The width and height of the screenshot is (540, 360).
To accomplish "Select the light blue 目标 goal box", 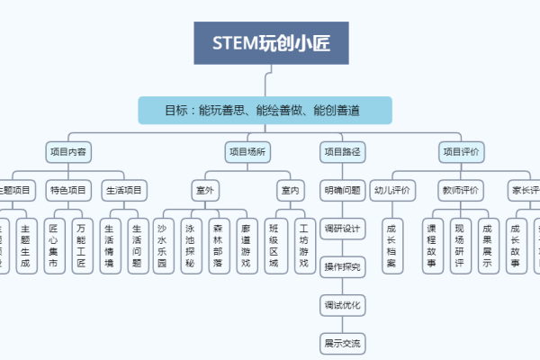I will point(265,111).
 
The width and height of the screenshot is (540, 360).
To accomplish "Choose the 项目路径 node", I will point(342,152).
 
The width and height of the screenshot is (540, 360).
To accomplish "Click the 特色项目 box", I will point(68,190).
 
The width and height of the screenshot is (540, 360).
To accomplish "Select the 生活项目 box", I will point(124,190).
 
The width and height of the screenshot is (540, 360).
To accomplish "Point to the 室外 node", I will point(204,190).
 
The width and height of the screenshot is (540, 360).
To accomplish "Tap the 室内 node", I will point(290,190).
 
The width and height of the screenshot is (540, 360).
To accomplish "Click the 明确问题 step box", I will point(342,190).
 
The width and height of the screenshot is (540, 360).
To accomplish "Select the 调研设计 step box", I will point(342,229).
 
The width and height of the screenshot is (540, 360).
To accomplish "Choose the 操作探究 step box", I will point(342,266).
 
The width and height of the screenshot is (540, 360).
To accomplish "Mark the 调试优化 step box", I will point(342,305).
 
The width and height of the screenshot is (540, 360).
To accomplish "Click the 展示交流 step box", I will point(342,343).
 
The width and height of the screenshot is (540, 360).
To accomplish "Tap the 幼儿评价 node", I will point(391,190).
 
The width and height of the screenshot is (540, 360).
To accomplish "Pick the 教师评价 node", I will point(460,190).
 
